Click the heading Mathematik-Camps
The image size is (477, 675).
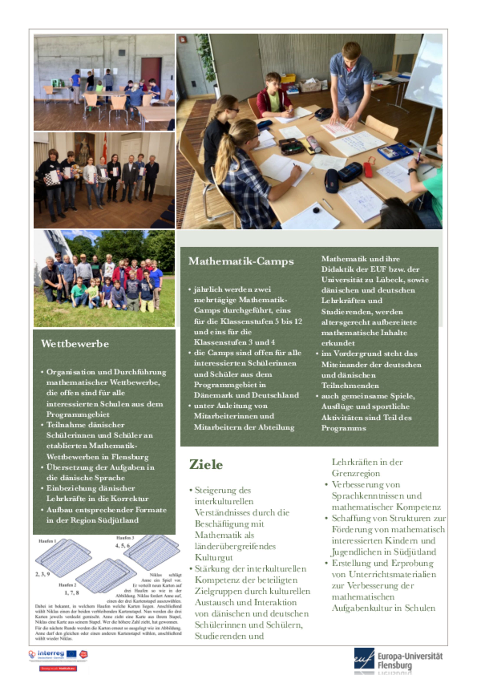pyautogui.click(x=241, y=261)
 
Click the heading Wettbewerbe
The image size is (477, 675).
pyautogui.click(x=75, y=344)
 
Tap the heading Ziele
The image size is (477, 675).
pyautogui.click(x=206, y=465)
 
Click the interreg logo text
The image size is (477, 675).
pyautogui.click(x=51, y=653)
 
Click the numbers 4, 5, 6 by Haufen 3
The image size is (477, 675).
pyautogui.click(x=122, y=545)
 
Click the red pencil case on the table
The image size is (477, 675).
pyautogui.click(x=368, y=170)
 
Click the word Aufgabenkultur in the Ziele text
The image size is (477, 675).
pyautogui.click(x=365, y=608)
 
